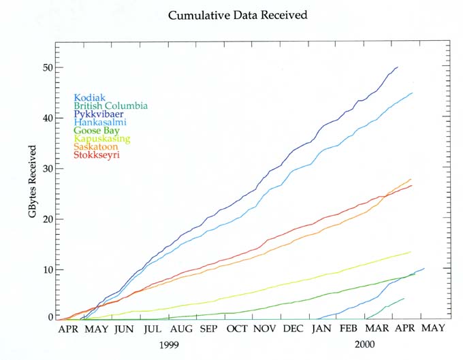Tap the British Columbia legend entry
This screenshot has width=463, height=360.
click(110, 105)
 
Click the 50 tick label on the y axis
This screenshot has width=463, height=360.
click(44, 68)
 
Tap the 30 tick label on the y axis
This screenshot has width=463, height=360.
click(44, 169)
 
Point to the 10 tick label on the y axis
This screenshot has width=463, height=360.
click(44, 269)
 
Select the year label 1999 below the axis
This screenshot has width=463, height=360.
click(170, 345)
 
